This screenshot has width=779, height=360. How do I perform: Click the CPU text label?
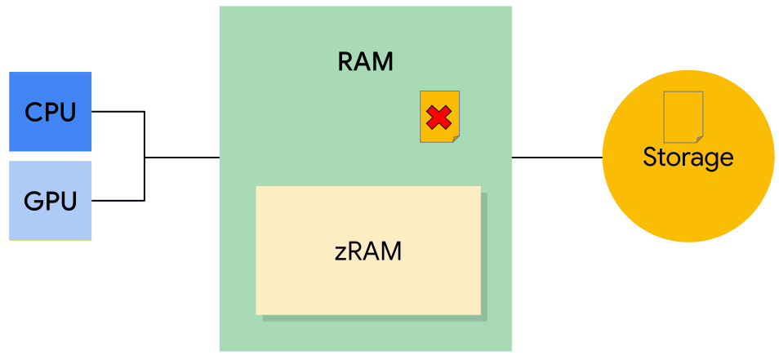coord(51,112)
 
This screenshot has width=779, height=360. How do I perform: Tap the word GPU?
coord(51,200)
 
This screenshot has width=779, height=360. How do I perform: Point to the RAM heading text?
coord(365,62)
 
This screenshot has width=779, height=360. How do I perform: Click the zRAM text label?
coord(368,251)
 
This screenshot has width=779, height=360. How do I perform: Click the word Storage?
coord(688,157)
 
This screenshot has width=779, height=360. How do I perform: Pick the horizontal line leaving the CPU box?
coord(118,111)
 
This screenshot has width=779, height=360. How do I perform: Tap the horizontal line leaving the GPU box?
coord(118,199)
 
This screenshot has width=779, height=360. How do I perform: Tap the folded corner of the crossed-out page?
coord(456,138)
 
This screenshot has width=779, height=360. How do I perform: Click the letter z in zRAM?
coord(341,251)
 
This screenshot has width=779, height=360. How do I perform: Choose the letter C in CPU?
coord(33,112)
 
